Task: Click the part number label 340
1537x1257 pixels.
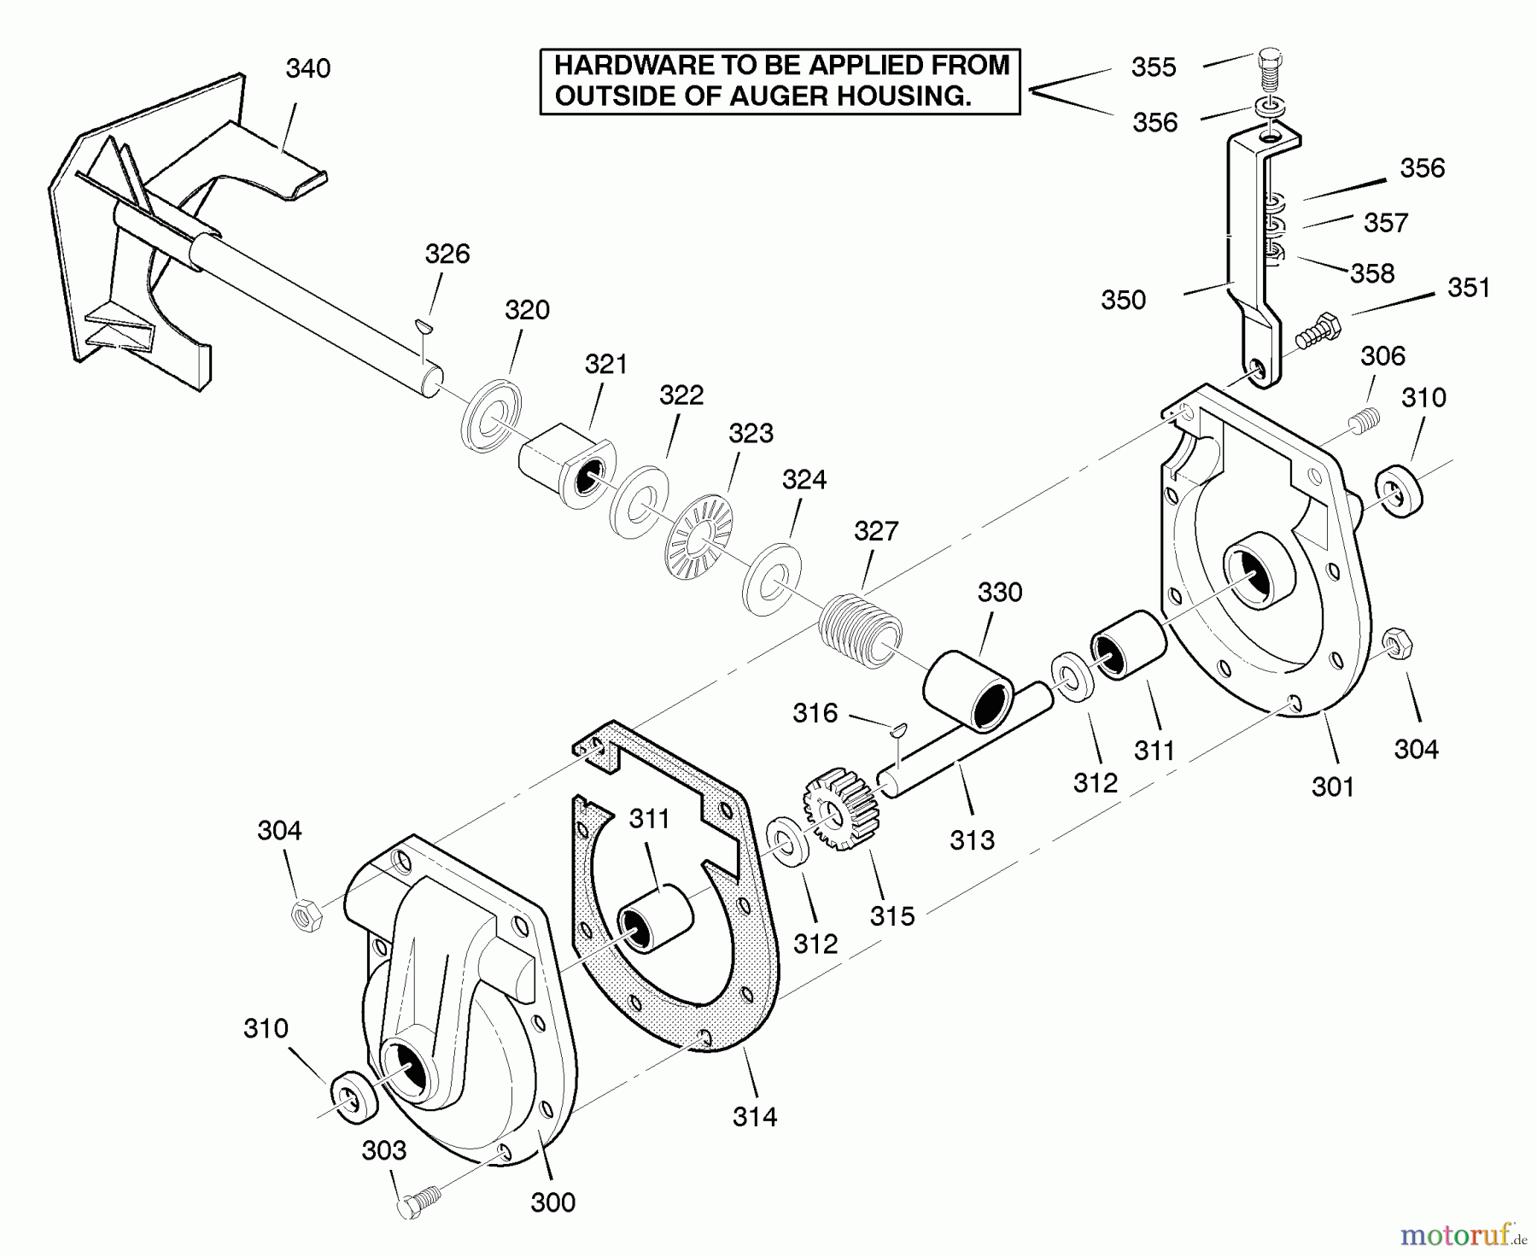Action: point(307,69)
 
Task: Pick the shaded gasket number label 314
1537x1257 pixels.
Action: point(755,1116)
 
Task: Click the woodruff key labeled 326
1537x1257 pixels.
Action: point(423,323)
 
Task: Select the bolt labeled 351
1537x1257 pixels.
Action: point(1318,330)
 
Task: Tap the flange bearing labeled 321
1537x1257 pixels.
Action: point(567,464)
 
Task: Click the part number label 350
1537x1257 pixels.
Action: point(1123,301)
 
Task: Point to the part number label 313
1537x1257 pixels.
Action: point(972,840)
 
